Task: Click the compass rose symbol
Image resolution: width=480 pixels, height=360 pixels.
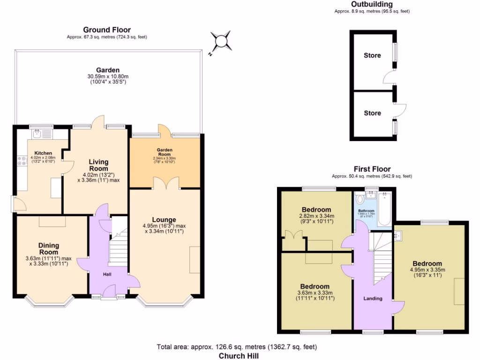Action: [x=220, y=41]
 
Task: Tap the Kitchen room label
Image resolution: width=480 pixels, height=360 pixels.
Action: [x=43, y=153]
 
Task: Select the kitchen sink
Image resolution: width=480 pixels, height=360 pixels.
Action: [x=41, y=135]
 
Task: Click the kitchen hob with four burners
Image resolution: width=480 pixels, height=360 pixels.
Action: [x=22, y=161]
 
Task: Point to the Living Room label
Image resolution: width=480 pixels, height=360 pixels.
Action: [x=98, y=165]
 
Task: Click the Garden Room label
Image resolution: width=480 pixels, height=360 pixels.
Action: [x=164, y=150]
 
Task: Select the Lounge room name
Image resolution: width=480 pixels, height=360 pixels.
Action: [x=164, y=219]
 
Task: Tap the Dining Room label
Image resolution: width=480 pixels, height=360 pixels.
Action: [x=49, y=248]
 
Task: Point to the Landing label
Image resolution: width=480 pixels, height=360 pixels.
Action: [x=373, y=298]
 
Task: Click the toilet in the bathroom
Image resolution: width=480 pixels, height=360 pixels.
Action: [x=360, y=200]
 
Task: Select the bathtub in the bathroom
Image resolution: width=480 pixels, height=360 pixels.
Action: [x=384, y=209]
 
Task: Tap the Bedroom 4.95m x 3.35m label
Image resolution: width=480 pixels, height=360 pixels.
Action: [x=427, y=263]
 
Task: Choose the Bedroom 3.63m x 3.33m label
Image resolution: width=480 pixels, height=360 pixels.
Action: [x=315, y=286]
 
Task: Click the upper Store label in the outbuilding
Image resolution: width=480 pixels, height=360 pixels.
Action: [x=372, y=55]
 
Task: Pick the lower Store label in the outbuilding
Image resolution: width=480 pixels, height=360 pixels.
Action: [x=372, y=113]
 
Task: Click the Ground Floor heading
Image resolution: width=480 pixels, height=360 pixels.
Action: [x=107, y=30]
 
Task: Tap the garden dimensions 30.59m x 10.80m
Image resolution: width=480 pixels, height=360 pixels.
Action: [x=108, y=76]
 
